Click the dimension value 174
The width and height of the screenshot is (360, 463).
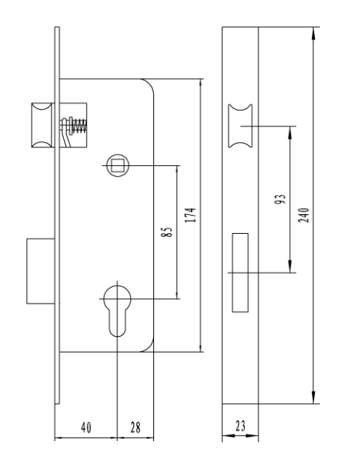click(190, 215)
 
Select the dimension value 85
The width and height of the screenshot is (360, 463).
click(166, 231)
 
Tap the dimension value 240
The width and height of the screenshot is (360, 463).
click(304, 215)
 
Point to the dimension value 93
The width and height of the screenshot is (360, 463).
click(280, 199)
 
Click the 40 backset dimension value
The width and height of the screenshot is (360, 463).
click(86, 427)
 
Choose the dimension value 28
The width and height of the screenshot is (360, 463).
click(135, 427)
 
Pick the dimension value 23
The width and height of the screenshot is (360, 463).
click(241, 425)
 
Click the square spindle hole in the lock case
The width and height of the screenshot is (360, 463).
click(118, 165)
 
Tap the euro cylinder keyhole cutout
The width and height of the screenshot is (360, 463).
click(117, 310)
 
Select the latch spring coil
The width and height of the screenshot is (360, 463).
click(80, 126)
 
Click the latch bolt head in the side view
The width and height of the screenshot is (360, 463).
click(41, 126)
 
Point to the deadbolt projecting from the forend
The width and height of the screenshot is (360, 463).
click(41, 271)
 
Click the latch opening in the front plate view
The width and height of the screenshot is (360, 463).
click(241, 126)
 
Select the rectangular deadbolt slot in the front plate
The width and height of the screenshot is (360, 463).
click(240, 272)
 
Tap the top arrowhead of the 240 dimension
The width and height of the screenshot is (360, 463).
click(313, 33)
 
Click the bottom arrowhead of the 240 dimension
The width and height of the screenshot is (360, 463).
click(313, 398)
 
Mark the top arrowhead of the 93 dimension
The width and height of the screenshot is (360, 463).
click(290, 132)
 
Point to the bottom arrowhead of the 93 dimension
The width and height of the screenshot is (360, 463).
click(290, 266)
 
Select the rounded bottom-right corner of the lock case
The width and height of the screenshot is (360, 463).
click(150, 348)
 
